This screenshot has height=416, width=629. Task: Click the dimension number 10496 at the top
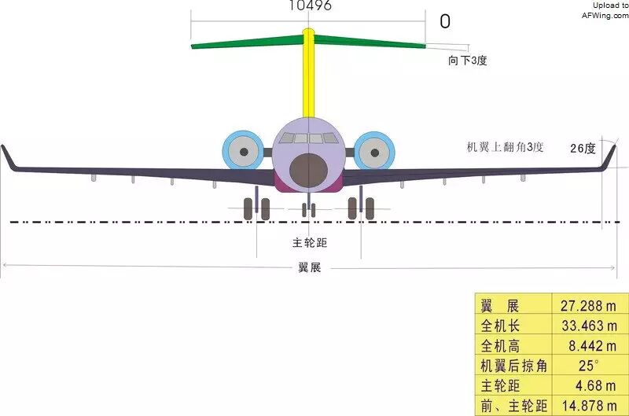tap(310, 6)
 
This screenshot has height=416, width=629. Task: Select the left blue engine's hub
tap(244, 151)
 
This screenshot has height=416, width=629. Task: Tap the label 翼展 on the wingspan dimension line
tap(309, 267)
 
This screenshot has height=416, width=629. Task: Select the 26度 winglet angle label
tap(583, 148)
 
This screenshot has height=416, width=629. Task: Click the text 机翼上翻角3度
tap(506, 147)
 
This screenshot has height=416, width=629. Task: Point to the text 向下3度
tap(468, 61)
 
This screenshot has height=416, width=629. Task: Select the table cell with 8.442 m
tap(588, 345)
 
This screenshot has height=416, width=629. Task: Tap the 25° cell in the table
tap(588, 366)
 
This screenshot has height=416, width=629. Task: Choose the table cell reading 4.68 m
tap(588, 386)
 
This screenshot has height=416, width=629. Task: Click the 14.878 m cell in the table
tap(588, 406)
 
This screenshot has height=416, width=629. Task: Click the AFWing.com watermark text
tap(605, 14)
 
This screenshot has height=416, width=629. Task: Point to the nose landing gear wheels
tap(309, 210)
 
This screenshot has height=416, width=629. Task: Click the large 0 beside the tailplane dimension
tap(445, 22)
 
